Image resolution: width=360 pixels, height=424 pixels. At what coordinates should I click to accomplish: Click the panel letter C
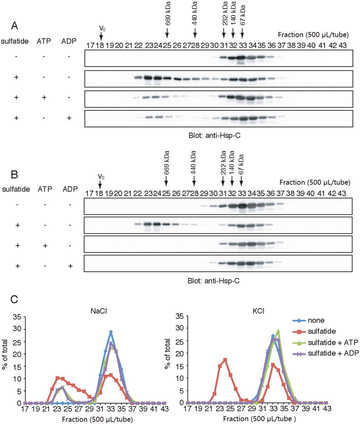point(14,299)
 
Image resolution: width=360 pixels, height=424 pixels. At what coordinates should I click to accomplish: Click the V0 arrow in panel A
point(101,36)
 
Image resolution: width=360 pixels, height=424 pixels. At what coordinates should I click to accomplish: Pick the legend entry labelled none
point(316,320)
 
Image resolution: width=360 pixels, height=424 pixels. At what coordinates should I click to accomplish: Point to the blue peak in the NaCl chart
point(111,332)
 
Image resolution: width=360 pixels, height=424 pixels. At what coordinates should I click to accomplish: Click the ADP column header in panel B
point(70,189)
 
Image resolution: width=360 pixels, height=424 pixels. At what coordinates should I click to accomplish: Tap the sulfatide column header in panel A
point(15,41)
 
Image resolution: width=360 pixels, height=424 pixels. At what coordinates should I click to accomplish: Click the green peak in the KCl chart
point(278,331)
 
